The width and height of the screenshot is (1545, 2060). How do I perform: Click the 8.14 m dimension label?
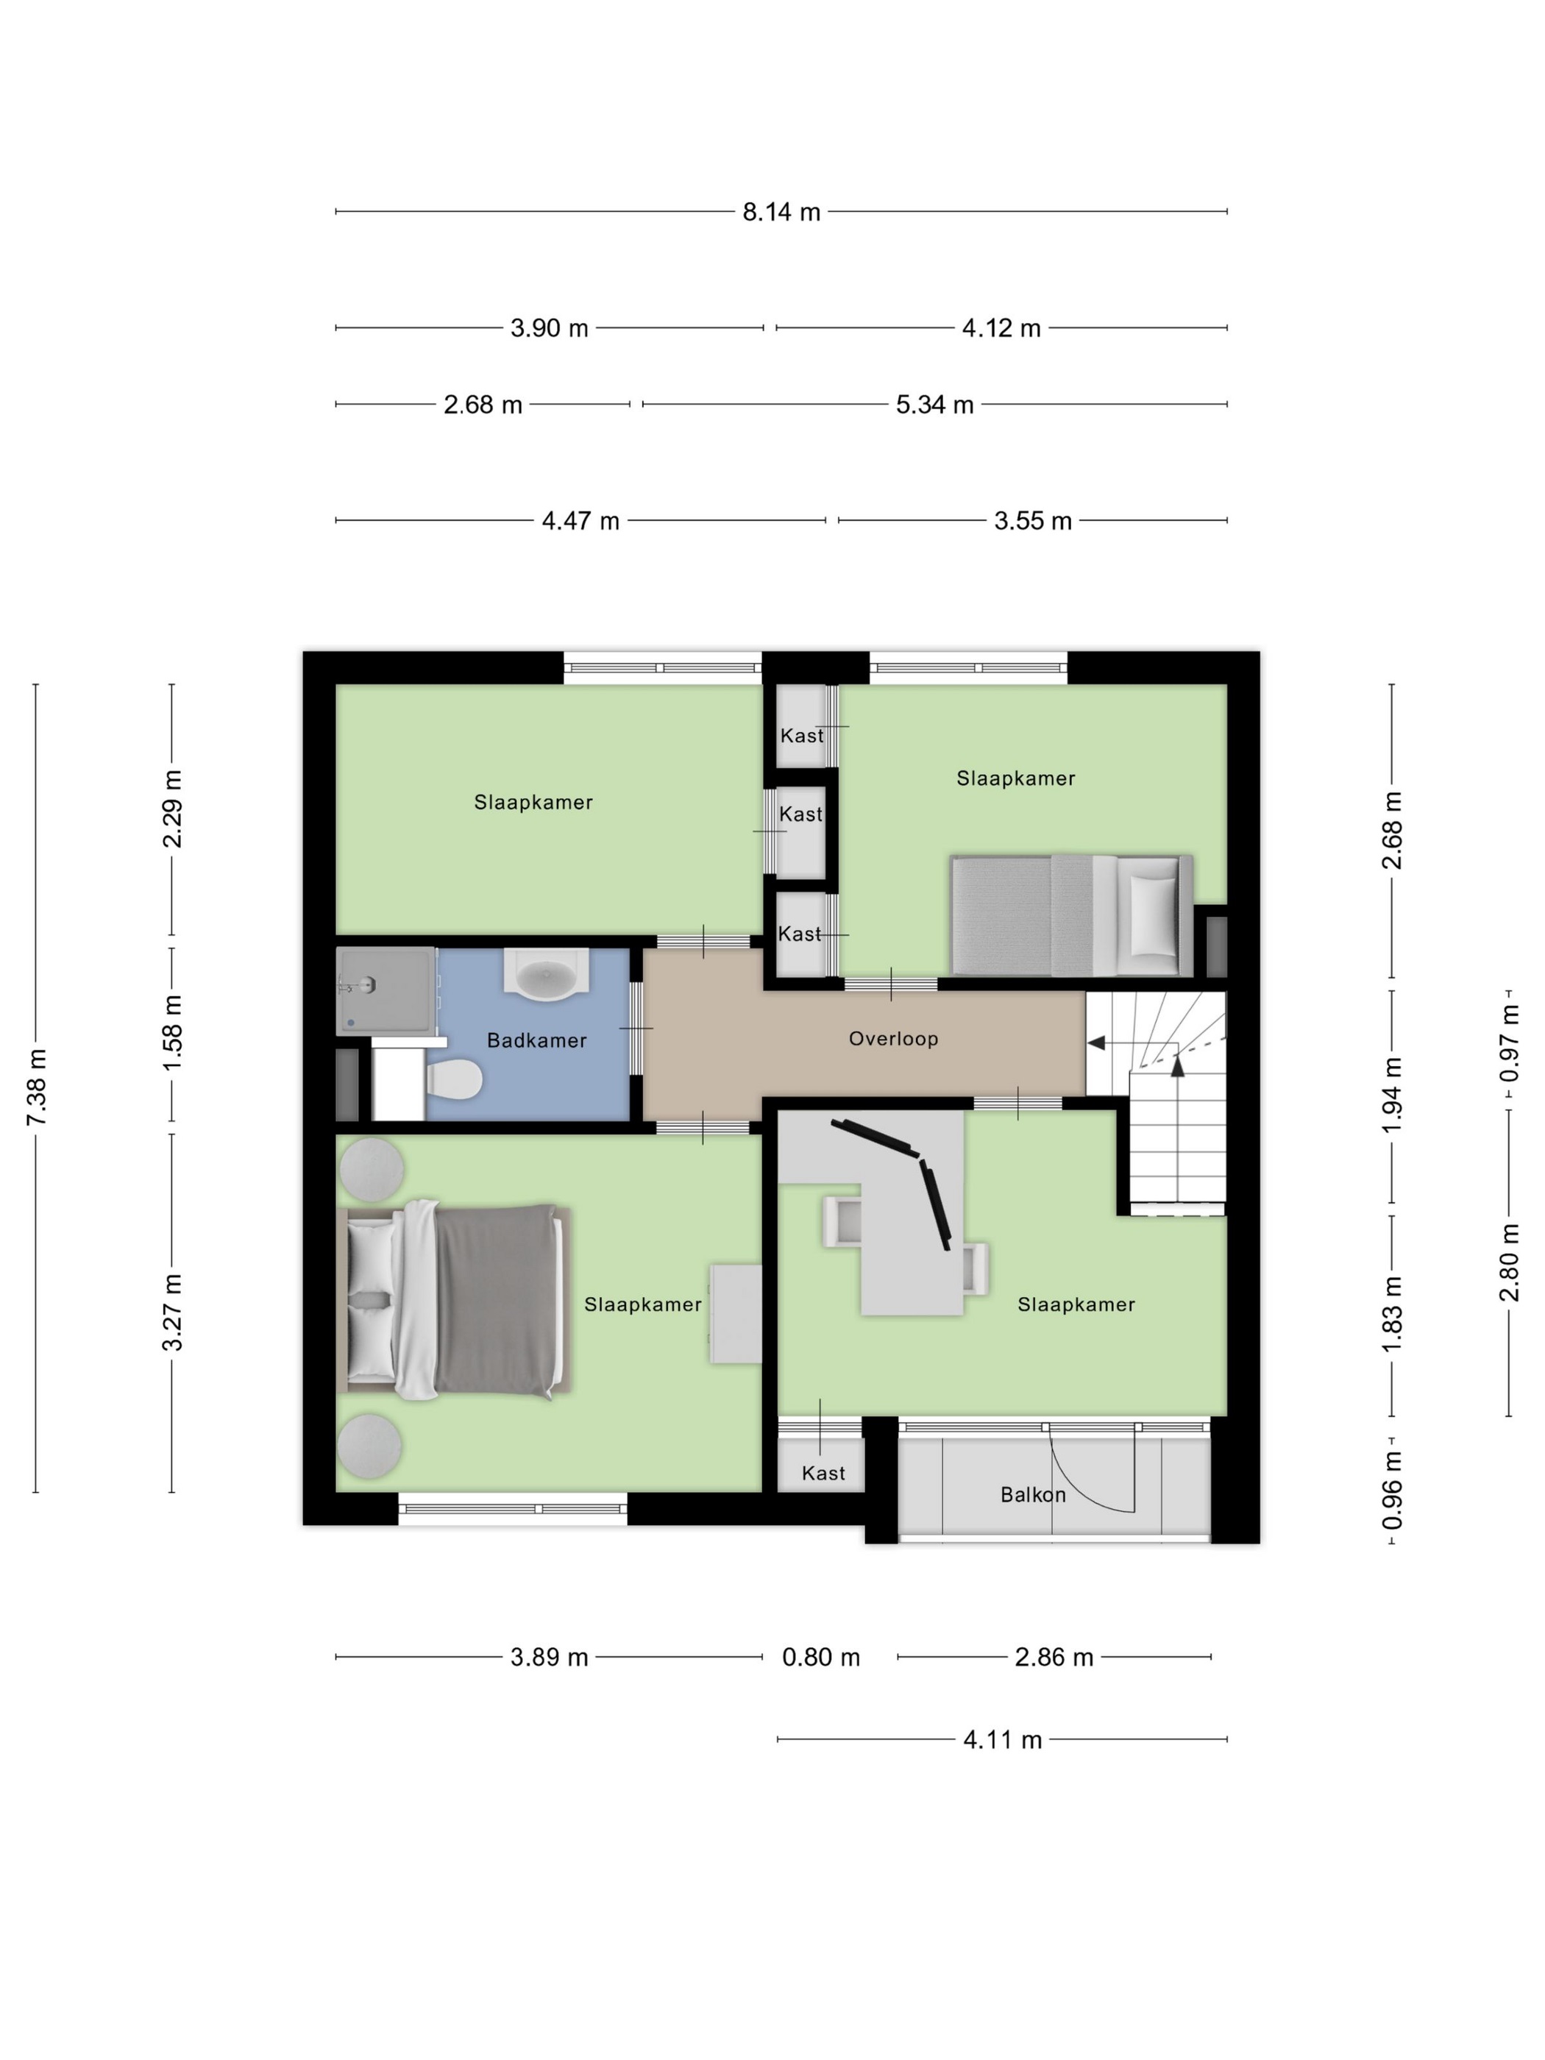(781, 213)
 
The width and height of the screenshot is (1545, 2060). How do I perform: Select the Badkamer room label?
(536, 1040)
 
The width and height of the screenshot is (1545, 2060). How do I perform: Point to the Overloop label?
(893, 1038)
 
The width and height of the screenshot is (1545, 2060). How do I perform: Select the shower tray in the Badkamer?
(386, 990)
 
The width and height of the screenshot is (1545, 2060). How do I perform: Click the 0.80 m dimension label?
(820, 1658)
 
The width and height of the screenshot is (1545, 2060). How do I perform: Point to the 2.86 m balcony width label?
(1054, 1658)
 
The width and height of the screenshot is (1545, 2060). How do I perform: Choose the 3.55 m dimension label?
(1033, 522)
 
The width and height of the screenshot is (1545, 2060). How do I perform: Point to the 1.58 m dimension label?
(172, 1033)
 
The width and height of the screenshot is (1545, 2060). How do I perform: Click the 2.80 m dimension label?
(1510, 1262)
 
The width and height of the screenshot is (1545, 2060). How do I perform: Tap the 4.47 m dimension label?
(581, 522)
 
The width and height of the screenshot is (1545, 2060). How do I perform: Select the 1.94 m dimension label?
(1392, 1096)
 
